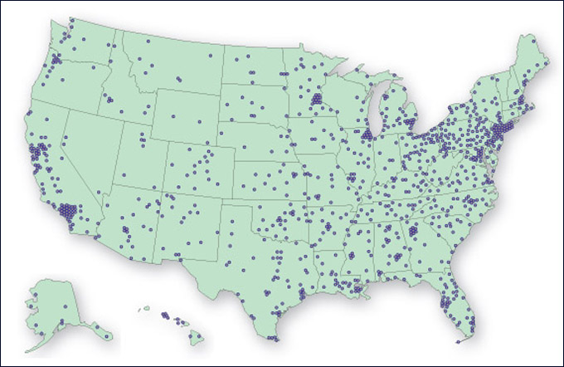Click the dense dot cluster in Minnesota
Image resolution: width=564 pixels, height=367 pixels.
coord(316,101)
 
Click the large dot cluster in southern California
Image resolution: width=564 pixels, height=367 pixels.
coord(66,211)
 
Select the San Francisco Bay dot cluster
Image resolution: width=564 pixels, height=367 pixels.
coord(37,153)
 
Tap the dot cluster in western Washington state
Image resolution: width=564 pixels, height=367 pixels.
coord(57,60)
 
